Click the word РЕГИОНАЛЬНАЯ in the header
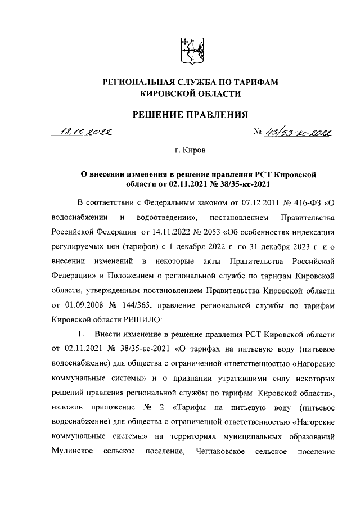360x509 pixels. click(136, 83)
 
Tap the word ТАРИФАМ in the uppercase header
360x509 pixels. click(256, 83)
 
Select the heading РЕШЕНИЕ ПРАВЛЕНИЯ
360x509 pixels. click(190, 115)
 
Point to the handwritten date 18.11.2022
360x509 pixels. click(88, 133)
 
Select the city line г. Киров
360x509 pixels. click(190, 151)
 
